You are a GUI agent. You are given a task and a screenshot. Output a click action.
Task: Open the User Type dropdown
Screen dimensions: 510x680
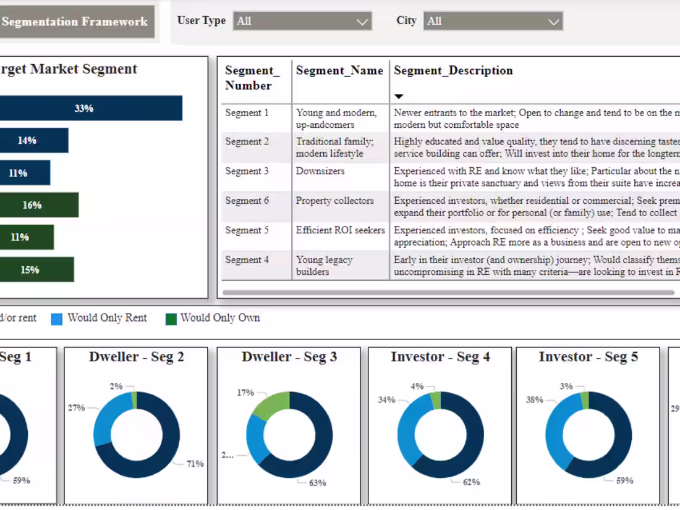pyautogui.click(x=302, y=22)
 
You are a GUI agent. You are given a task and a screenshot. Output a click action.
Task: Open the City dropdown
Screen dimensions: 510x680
pyautogui.click(x=493, y=22)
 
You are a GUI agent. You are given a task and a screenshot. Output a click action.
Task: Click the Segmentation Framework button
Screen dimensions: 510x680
pyautogui.click(x=75, y=22)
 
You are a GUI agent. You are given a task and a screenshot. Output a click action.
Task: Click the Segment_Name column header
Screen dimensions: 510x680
pyautogui.click(x=339, y=70)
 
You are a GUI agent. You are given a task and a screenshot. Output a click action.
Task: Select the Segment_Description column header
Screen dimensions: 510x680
pyautogui.click(x=453, y=70)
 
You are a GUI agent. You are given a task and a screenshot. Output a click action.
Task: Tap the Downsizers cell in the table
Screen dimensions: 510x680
pyautogui.click(x=320, y=171)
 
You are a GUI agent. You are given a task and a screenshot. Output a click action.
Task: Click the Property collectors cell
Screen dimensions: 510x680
pyautogui.click(x=334, y=201)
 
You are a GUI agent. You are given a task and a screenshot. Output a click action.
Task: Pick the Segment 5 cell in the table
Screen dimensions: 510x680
pyautogui.click(x=247, y=230)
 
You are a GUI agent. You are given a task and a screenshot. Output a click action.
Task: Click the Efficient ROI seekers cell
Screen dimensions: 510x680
pyautogui.click(x=340, y=230)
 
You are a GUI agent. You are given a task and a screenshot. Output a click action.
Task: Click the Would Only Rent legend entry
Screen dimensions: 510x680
pyautogui.click(x=107, y=318)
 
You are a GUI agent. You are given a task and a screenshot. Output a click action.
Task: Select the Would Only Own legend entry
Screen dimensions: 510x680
pyautogui.click(x=220, y=318)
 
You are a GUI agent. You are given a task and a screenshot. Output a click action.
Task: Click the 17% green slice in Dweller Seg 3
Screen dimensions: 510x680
pyautogui.click(x=272, y=405)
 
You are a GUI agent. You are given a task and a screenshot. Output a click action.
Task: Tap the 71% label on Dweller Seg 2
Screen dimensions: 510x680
pyautogui.click(x=195, y=464)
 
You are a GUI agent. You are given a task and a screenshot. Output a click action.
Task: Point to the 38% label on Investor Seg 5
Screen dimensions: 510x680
pyautogui.click(x=534, y=399)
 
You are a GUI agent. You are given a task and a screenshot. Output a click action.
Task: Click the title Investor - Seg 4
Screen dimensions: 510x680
pyautogui.click(x=440, y=357)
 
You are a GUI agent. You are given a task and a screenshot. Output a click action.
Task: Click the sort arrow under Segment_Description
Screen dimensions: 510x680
pyautogui.click(x=399, y=96)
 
